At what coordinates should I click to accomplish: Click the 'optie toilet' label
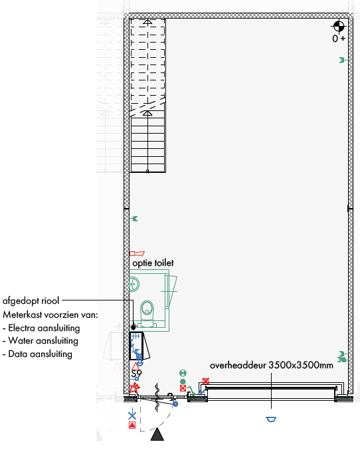tap(153, 263)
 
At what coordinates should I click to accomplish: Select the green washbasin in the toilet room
tap(134, 285)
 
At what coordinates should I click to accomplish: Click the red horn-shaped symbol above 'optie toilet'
tap(137, 253)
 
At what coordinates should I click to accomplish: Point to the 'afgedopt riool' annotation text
tap(31, 301)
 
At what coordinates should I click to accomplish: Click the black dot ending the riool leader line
tap(134, 327)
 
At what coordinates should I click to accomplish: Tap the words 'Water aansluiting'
tap(43, 341)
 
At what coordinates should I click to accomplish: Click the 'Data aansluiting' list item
tap(40, 354)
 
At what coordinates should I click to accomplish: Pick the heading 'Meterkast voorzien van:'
tap(50, 314)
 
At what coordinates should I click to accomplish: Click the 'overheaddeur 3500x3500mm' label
tap(272, 366)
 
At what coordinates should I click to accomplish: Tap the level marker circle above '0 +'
tap(339, 26)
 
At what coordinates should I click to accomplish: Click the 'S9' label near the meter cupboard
tap(136, 374)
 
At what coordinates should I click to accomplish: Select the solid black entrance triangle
tap(157, 435)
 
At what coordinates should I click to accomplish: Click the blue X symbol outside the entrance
tap(132, 415)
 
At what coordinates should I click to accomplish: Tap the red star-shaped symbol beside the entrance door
tap(135, 387)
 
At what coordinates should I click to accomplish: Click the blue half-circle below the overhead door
tap(271, 419)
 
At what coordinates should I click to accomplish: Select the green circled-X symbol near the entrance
tap(183, 374)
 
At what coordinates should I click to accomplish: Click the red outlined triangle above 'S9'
tap(135, 367)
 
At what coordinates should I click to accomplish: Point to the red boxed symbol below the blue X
tap(132, 425)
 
